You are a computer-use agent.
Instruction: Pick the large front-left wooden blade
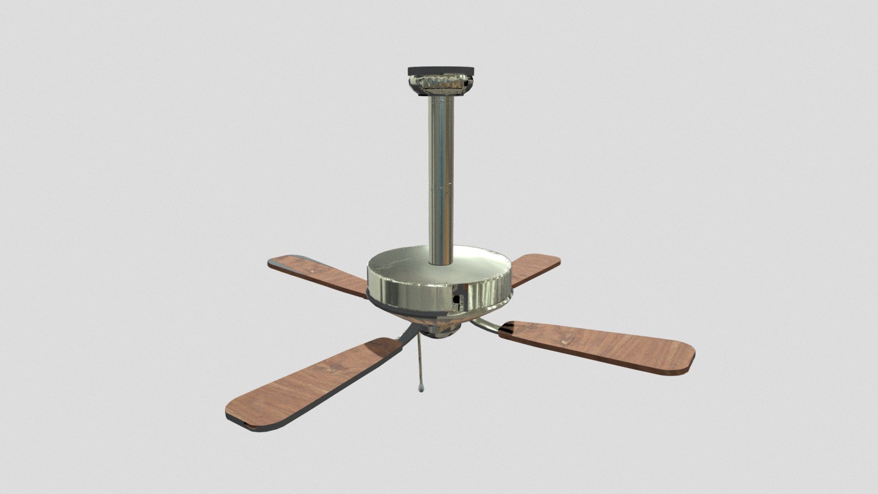[x=311, y=384]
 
